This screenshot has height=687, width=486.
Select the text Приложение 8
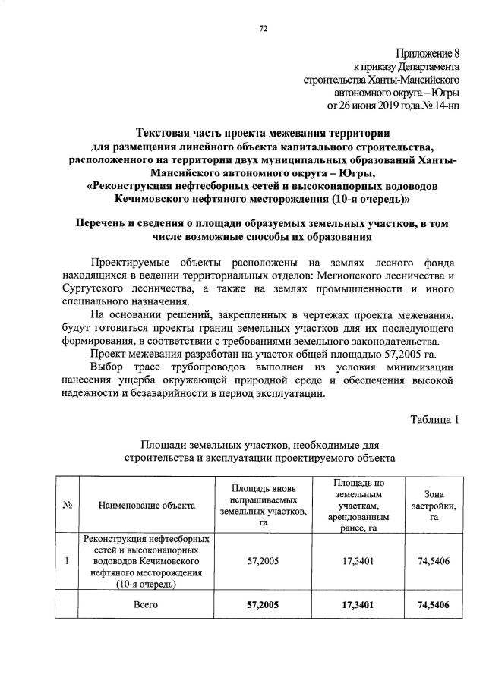coord(428,53)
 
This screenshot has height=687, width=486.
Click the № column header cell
coord(68,504)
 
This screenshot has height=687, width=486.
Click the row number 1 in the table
coord(68,562)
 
